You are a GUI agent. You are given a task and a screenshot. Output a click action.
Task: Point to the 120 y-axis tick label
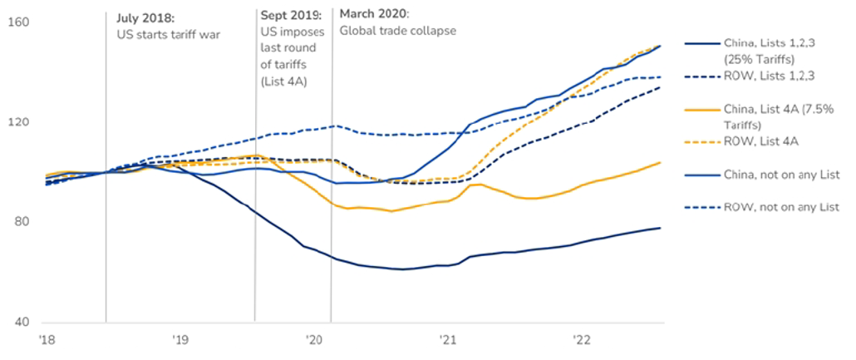pos(18,122)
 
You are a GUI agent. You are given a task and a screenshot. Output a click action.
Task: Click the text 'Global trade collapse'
pos(397,31)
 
